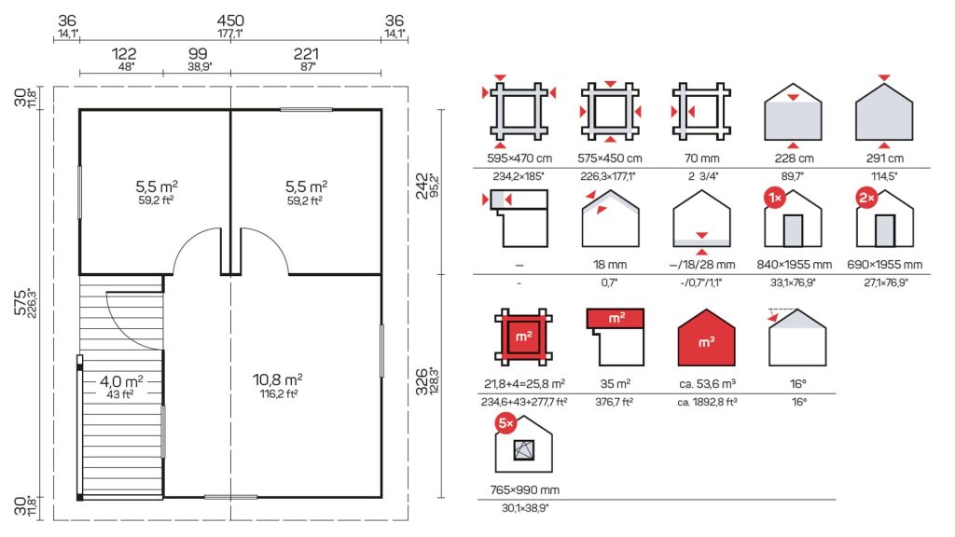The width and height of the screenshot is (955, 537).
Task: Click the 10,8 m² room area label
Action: coord(278,380)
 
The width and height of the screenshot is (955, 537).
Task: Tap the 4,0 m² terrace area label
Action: coord(121,381)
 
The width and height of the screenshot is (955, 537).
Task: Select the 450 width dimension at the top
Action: coord(230,21)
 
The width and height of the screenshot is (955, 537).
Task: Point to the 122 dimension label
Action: coord(124,54)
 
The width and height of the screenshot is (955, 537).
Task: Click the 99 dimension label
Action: coord(198,54)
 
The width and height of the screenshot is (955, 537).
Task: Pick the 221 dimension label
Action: coord(306,54)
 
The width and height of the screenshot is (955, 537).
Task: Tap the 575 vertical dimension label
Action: coord(21,303)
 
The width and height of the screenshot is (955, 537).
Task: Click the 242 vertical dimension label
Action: coord(422,186)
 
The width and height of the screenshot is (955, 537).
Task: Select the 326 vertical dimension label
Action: coord(422,381)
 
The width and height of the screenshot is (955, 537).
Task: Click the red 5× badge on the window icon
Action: coord(506,423)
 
